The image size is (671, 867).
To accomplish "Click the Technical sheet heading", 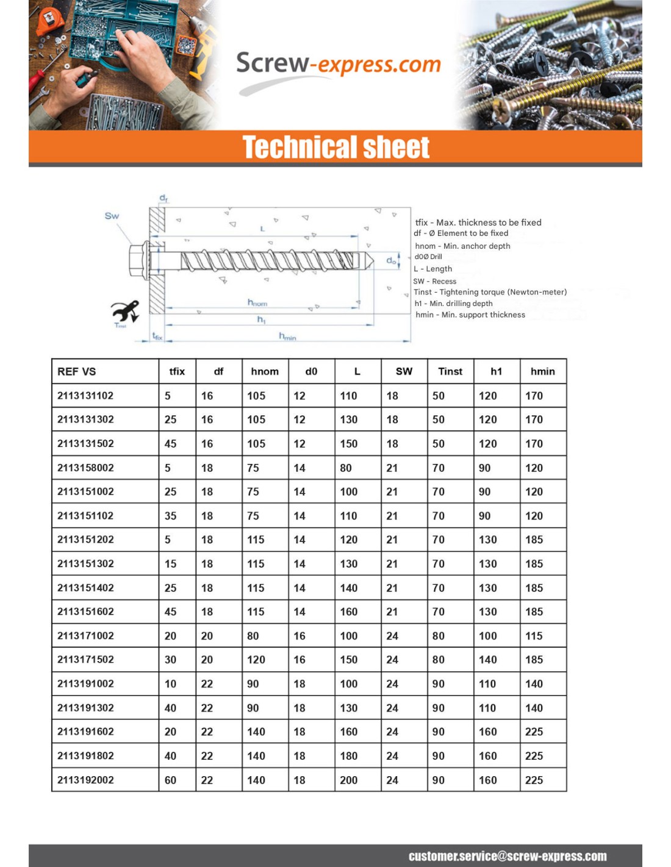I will click(x=335, y=147).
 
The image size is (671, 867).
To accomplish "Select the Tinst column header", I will click(x=450, y=371).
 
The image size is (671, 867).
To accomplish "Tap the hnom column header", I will click(x=265, y=371).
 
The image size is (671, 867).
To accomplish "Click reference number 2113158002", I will click(x=85, y=468).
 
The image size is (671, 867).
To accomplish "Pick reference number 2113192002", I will click(x=85, y=780).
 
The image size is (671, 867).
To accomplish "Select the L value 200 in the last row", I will click(x=349, y=780).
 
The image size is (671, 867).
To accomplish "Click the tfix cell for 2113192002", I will click(x=171, y=780).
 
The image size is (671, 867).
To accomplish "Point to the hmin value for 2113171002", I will click(x=534, y=636).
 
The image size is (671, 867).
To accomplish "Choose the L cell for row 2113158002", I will click(x=346, y=468).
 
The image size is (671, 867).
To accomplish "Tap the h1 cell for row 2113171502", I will click(x=487, y=660).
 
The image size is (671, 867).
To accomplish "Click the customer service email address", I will click(x=508, y=856).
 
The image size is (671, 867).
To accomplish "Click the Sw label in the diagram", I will click(x=112, y=216).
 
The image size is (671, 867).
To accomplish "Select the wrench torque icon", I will click(x=126, y=312).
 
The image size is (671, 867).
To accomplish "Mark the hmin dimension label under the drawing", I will click(x=287, y=336).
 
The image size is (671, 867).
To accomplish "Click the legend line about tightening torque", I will click(x=490, y=292).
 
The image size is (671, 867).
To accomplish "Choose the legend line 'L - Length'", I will click(x=433, y=269).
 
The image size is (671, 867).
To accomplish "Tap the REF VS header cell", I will click(x=77, y=371).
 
